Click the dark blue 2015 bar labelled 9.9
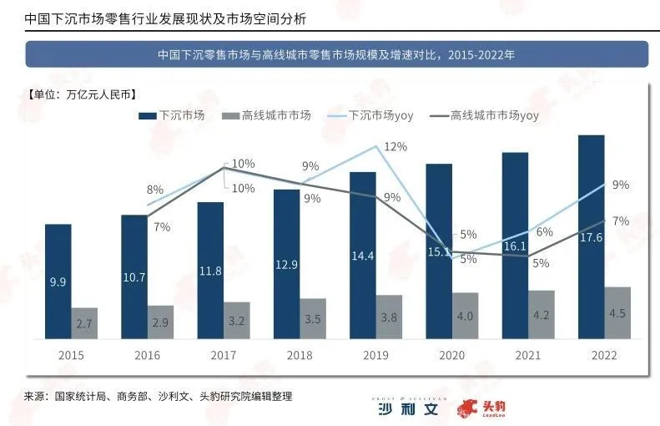58,281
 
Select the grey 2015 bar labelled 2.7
83,322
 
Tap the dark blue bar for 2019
362,254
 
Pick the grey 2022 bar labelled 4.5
617,312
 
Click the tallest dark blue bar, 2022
591,236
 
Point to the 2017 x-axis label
223,355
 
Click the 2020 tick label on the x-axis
451,355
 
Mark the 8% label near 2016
155,190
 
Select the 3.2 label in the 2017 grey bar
236,319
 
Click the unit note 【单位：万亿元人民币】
81,93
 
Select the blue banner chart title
335,54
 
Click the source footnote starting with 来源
158,395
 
